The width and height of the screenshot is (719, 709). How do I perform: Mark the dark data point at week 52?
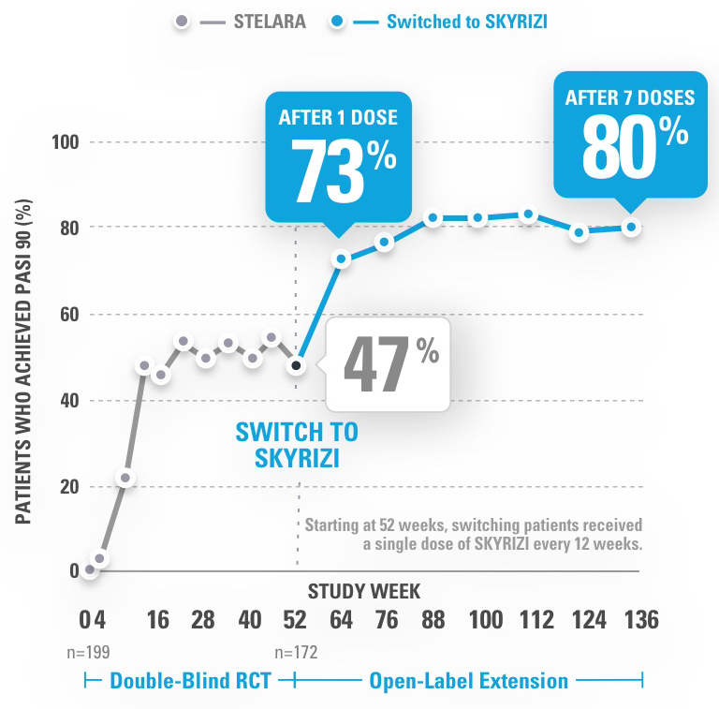(297, 365)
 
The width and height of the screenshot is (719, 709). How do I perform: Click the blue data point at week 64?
(342, 258)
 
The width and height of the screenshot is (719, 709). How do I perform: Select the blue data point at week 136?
(632, 228)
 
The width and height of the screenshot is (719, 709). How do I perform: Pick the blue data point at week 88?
(433, 218)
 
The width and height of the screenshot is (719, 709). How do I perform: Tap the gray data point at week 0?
(90, 569)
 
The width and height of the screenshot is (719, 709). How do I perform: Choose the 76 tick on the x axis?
(386, 621)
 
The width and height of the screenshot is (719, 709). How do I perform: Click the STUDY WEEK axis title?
(364, 591)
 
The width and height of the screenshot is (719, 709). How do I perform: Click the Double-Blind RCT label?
(190, 681)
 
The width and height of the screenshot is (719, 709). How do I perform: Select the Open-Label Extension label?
(469, 681)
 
